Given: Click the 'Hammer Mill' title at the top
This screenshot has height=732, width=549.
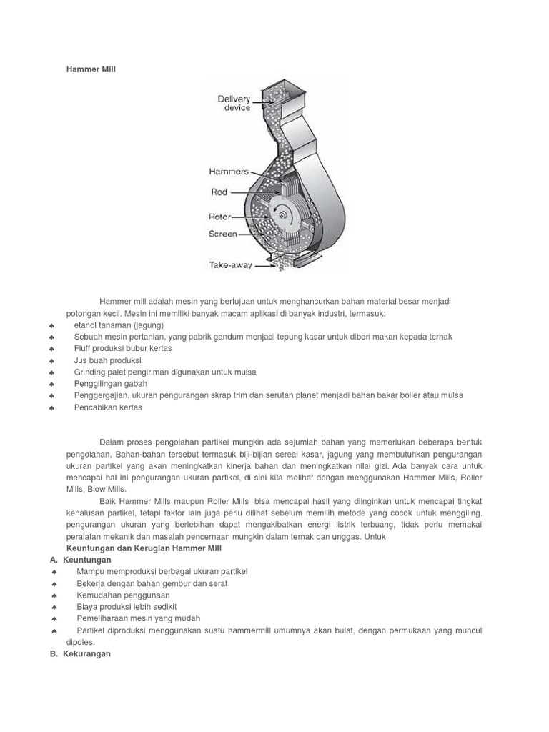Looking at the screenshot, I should pos(90,69).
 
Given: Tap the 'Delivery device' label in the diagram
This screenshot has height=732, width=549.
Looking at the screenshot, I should pos(234,104).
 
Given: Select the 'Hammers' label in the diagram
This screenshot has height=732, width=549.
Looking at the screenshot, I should pos(229,172).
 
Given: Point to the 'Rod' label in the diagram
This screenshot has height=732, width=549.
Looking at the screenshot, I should pos(219,192).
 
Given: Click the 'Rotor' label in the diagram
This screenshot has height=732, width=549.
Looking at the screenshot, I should pos(221,216).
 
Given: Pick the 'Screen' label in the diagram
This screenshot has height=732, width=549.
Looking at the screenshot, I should pos(222,234).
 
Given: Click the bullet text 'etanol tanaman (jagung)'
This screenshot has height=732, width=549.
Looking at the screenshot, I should pos(119,325).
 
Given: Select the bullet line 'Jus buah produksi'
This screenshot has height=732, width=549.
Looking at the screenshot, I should pos(108,360).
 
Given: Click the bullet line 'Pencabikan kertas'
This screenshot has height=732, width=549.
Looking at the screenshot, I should pos(109,407).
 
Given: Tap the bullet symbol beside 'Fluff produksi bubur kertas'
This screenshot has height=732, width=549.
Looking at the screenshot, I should pos(52,349).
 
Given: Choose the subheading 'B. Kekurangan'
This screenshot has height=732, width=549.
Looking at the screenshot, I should pos(81,654).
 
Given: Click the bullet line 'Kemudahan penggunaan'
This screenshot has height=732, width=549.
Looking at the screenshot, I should pos(123,595).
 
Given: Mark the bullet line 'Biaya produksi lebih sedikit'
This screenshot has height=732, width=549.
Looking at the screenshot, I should pos(126,607).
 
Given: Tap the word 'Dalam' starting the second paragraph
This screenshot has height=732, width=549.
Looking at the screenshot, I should pos(112,442).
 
